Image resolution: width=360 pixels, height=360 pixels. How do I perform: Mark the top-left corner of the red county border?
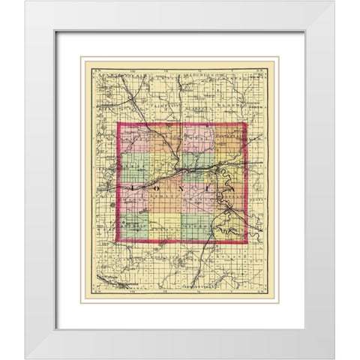click(118, 123)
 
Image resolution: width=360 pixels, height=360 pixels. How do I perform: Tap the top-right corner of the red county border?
click(246, 123)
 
